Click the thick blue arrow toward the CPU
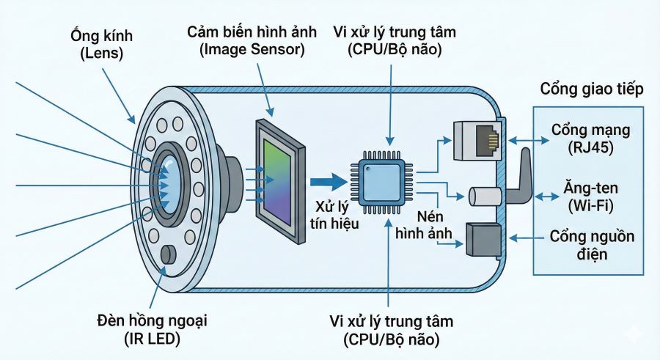328,180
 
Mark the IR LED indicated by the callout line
169,254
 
